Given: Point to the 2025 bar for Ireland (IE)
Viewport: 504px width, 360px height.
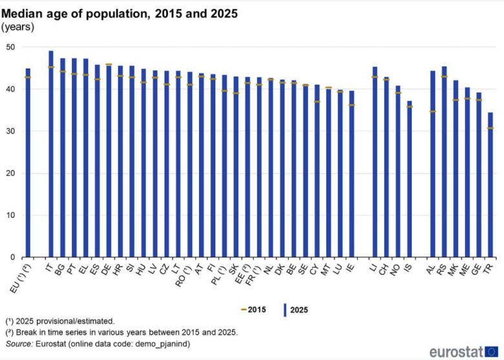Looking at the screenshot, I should click(x=352, y=174).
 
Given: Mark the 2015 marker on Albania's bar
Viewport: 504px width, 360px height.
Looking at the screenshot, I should click(x=432, y=111).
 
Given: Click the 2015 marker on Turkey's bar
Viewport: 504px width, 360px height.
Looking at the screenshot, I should click(x=490, y=128).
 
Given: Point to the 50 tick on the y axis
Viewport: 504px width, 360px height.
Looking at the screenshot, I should click(x=12, y=47).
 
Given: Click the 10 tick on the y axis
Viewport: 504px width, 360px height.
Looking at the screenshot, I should click(x=12, y=215).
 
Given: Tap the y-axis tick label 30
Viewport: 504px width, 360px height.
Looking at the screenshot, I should click(x=12, y=131).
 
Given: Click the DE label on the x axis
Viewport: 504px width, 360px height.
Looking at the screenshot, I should click(x=105, y=267).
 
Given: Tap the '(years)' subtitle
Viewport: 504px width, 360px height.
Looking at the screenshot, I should click(x=17, y=27).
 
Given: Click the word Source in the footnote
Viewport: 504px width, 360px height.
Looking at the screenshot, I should click(x=18, y=344).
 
